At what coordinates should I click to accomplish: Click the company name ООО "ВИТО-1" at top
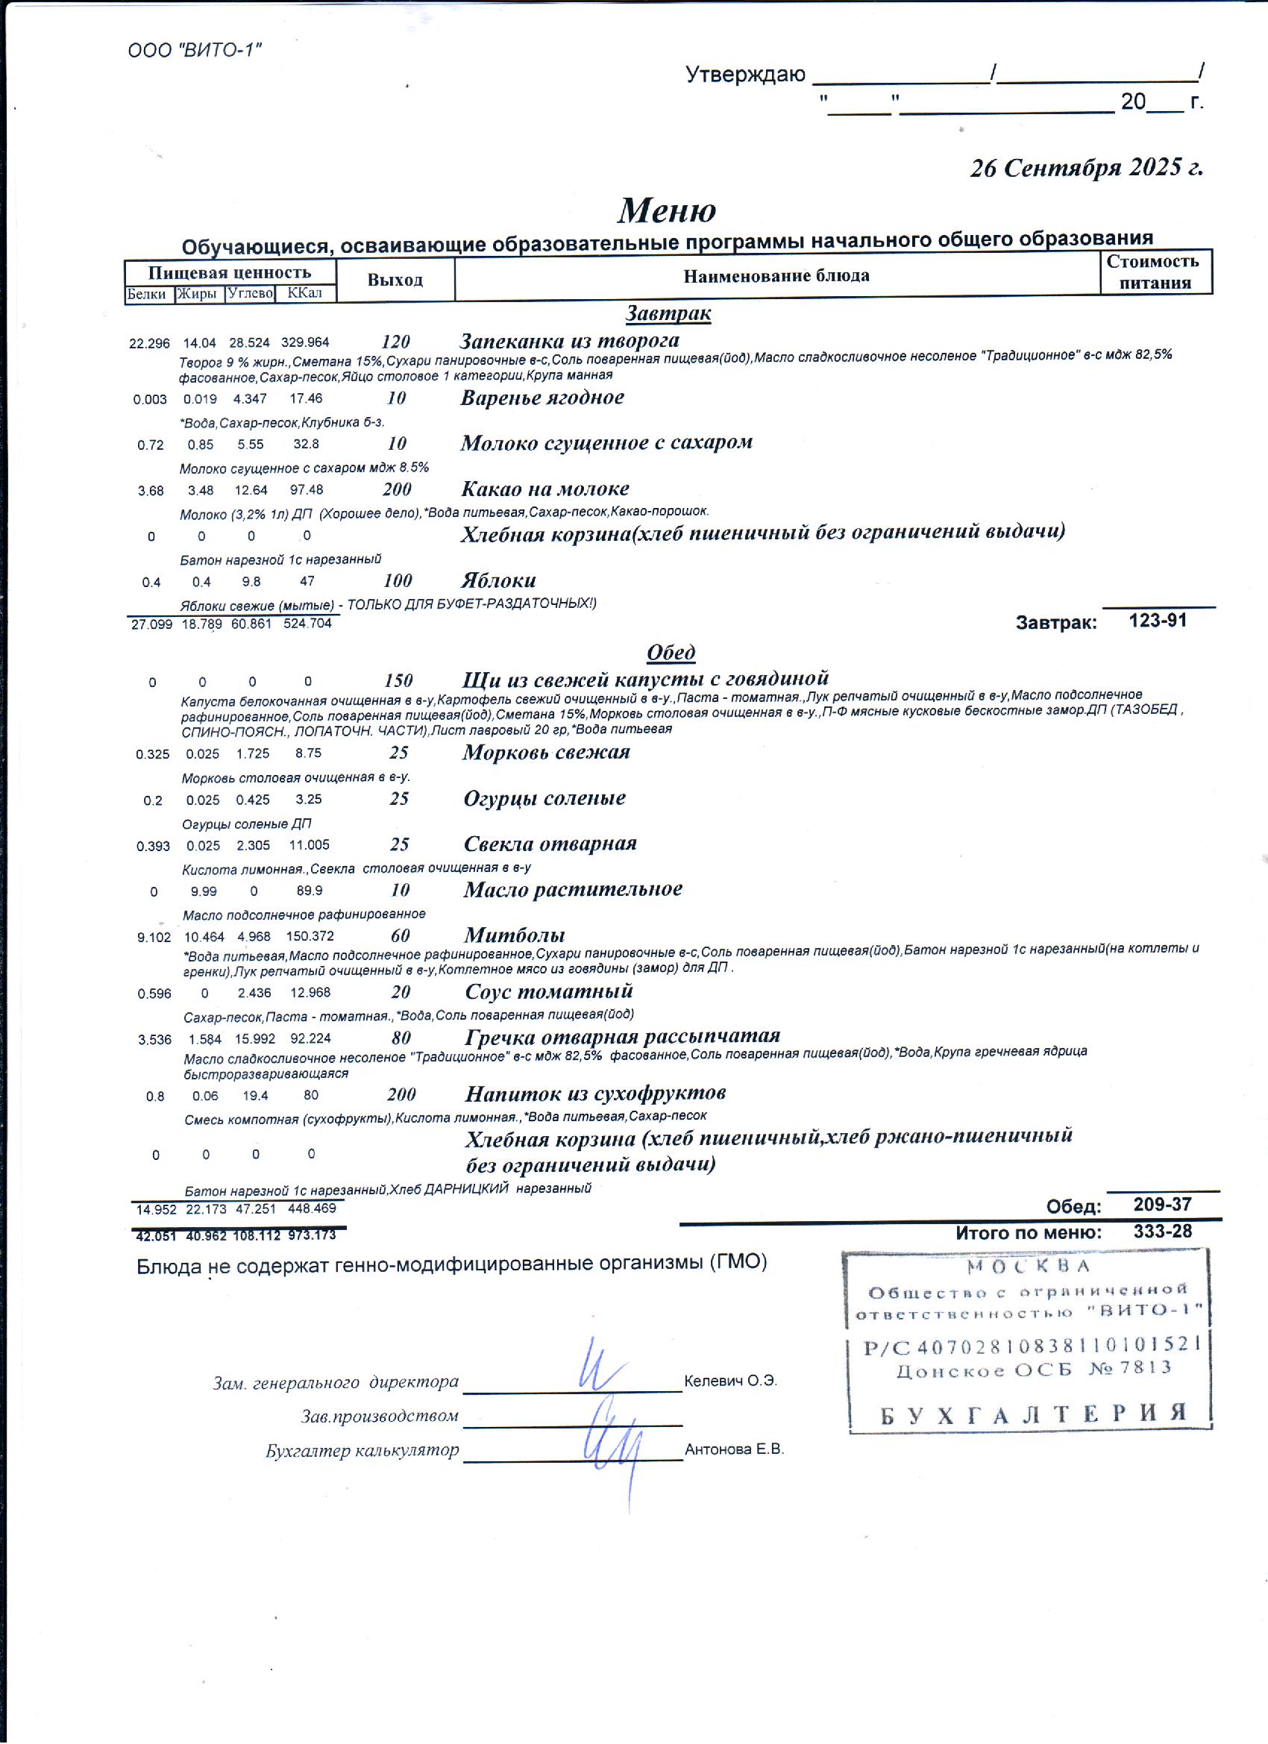coord(195,51)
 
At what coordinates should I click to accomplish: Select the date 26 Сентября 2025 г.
coord(1086,168)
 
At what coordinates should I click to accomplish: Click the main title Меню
coord(667,210)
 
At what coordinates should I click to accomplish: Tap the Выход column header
coord(395,280)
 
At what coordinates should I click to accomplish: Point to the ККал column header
coord(304,293)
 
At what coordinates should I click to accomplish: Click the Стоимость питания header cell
coord(1154,272)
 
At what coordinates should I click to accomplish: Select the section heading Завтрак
coord(668,313)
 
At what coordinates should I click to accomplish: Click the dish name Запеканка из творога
coord(569,341)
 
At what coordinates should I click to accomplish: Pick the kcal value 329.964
coord(304,343)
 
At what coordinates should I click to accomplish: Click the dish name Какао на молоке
coord(544,489)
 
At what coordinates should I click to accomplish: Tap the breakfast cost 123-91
coord(1158,621)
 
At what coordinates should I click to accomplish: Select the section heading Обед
coord(671,652)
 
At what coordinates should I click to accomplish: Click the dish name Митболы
coord(515,935)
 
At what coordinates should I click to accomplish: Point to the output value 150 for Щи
coord(398,680)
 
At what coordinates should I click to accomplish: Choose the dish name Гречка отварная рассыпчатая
coord(622,1037)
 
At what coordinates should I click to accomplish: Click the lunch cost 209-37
coord(1162,1204)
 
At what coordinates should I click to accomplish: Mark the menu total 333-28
coord(1162,1231)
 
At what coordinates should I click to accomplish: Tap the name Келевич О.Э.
coord(729,1381)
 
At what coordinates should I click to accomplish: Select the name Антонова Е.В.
coord(734,1449)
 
